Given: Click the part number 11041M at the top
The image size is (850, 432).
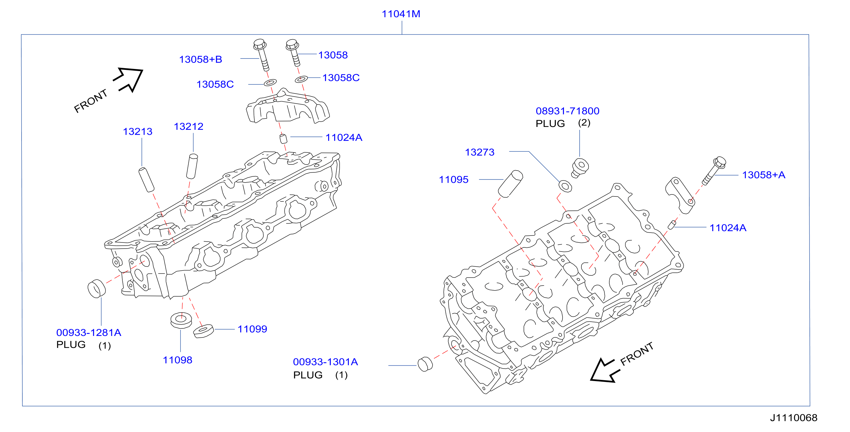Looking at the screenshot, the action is pos(401,14).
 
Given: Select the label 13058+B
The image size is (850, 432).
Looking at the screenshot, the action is pos(201,59).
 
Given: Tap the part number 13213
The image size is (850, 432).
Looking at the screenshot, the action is pos(137,132).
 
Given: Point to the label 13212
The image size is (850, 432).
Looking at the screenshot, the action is pos(188,127).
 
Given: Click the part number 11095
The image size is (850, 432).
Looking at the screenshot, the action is pos(454,180).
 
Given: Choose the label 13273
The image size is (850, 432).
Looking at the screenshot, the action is pos(480,152).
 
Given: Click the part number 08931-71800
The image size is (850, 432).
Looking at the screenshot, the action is pos(567,111).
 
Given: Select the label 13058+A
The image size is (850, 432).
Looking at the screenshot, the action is pos(764,175).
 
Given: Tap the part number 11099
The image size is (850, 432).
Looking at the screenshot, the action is pos(252,329).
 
